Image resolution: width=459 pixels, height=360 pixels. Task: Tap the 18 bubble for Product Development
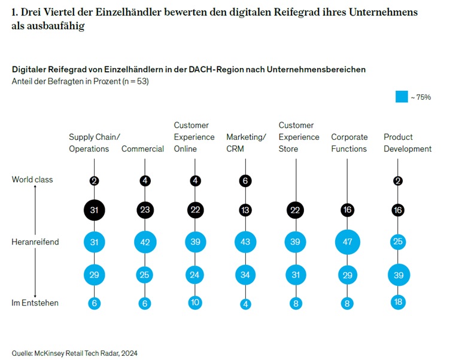point(398,302)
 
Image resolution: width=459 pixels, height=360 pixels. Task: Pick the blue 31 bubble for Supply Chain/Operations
point(94,242)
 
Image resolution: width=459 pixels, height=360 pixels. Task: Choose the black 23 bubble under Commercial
point(145,210)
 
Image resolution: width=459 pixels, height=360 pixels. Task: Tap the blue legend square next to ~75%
point(402,96)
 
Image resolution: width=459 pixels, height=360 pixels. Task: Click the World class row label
point(32,179)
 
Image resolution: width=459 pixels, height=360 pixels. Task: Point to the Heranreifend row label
point(35,242)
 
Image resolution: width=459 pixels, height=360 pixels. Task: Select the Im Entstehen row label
point(35,303)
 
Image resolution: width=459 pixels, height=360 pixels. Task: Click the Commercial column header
point(142,149)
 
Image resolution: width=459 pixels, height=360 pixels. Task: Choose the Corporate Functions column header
point(349,143)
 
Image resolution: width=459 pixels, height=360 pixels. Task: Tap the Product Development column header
point(408,143)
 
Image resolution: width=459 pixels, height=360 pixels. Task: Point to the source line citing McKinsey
point(74,353)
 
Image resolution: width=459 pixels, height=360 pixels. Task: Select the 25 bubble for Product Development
point(398,242)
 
